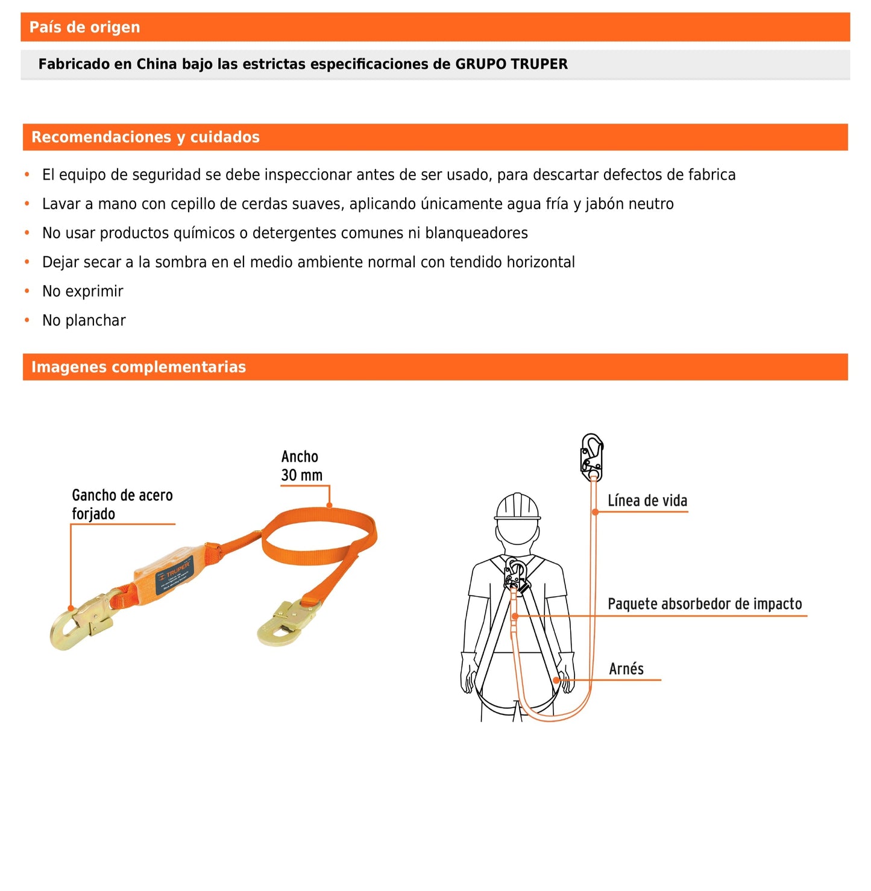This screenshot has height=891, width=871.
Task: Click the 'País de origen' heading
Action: [x=84, y=27]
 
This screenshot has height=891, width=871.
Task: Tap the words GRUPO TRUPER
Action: [x=511, y=64]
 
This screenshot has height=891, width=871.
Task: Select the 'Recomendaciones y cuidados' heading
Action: [x=145, y=137]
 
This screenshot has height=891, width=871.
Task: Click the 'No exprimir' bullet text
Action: [x=83, y=291]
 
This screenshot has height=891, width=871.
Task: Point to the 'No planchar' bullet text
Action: [x=84, y=320]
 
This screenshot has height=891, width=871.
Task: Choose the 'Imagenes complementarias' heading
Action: [x=139, y=367]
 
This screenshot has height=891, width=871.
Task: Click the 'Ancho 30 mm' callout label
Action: [x=301, y=466]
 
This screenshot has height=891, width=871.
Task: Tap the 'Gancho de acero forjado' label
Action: [x=122, y=505]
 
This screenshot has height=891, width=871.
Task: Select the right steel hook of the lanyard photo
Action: [x=288, y=622]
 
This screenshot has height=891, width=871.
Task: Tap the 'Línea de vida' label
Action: [x=647, y=501]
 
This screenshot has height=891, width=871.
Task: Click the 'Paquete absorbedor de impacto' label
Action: [x=704, y=604]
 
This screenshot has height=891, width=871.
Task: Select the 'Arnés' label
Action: [x=626, y=669]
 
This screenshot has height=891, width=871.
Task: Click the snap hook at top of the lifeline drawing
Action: [x=591, y=456]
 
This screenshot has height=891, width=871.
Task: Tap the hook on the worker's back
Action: [x=515, y=575]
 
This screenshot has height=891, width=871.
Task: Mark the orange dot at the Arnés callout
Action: [x=556, y=680]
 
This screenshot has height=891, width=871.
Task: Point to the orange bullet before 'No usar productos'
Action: [x=27, y=233]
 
